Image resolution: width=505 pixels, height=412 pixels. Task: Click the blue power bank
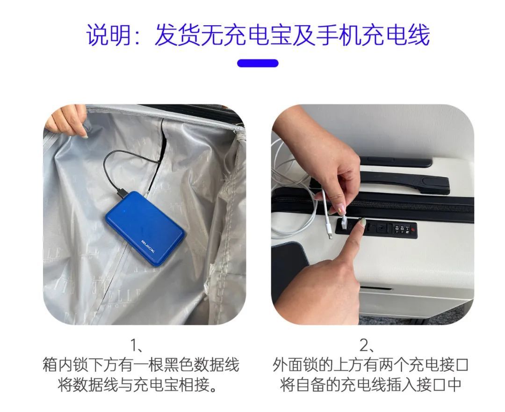145,228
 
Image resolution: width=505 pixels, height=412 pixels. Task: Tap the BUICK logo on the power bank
148,246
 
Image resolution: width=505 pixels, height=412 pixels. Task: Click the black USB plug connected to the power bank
122,192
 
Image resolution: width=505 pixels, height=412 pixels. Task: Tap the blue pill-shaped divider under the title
258,63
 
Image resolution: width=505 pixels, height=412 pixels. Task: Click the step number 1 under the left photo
134,345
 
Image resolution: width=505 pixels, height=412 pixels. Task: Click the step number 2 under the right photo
364,345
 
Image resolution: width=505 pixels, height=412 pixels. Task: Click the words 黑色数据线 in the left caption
200,365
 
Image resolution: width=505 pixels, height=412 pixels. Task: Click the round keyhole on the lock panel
382,228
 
